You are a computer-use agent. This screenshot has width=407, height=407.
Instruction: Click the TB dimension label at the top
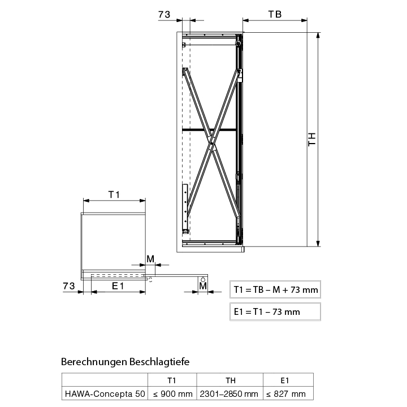pos(275,14)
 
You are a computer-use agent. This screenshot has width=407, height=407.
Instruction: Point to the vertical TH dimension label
pos(311,140)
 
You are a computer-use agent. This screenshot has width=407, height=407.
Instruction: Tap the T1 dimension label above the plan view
pos(114,194)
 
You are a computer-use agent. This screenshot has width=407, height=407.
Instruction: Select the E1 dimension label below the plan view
pos(118,286)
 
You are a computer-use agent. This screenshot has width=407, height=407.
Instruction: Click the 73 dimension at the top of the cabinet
pos(164,15)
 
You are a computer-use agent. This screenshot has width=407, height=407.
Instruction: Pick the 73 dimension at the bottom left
pos(69,286)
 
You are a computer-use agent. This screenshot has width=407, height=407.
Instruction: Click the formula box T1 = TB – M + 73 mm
pos(275,289)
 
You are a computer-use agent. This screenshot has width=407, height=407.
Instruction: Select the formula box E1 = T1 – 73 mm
pos(275,311)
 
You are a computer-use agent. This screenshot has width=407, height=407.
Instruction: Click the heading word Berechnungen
pos(94,362)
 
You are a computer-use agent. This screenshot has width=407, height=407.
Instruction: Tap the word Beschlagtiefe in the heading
pos(159,362)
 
